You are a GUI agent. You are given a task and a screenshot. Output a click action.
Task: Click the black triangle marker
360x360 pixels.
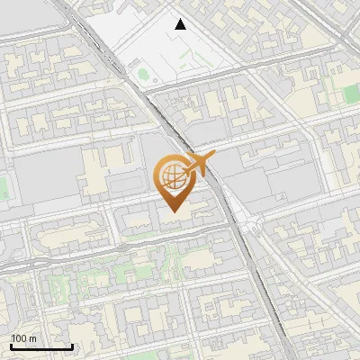pyautogui.click(x=181, y=24)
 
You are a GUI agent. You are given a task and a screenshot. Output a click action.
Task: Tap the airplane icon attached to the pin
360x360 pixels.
pyautogui.click(x=198, y=165)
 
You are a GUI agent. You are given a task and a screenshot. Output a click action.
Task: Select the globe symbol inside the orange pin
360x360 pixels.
pyautogui.click(x=173, y=175)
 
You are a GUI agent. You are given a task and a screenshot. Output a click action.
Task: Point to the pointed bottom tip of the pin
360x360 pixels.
pyautogui.click(x=174, y=211)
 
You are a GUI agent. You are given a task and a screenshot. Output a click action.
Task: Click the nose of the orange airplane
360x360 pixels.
pyautogui.click(x=213, y=157)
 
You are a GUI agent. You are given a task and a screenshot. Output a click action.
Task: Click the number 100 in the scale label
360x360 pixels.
pyautogui.click(x=19, y=337)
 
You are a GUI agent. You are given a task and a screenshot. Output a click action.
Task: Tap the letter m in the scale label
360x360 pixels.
pyautogui.click(x=32, y=337)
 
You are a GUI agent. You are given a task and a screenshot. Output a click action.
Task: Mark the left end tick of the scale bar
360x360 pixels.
pyautogui.click(x=11, y=346)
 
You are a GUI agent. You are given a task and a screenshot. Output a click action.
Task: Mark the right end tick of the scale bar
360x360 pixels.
pyautogui.click(x=72, y=346)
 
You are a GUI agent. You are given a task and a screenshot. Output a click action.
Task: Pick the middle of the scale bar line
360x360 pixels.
pyautogui.click(x=41, y=347)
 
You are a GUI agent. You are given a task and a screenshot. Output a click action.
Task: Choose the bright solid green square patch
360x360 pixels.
pyautogui.click(x=350, y=93)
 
